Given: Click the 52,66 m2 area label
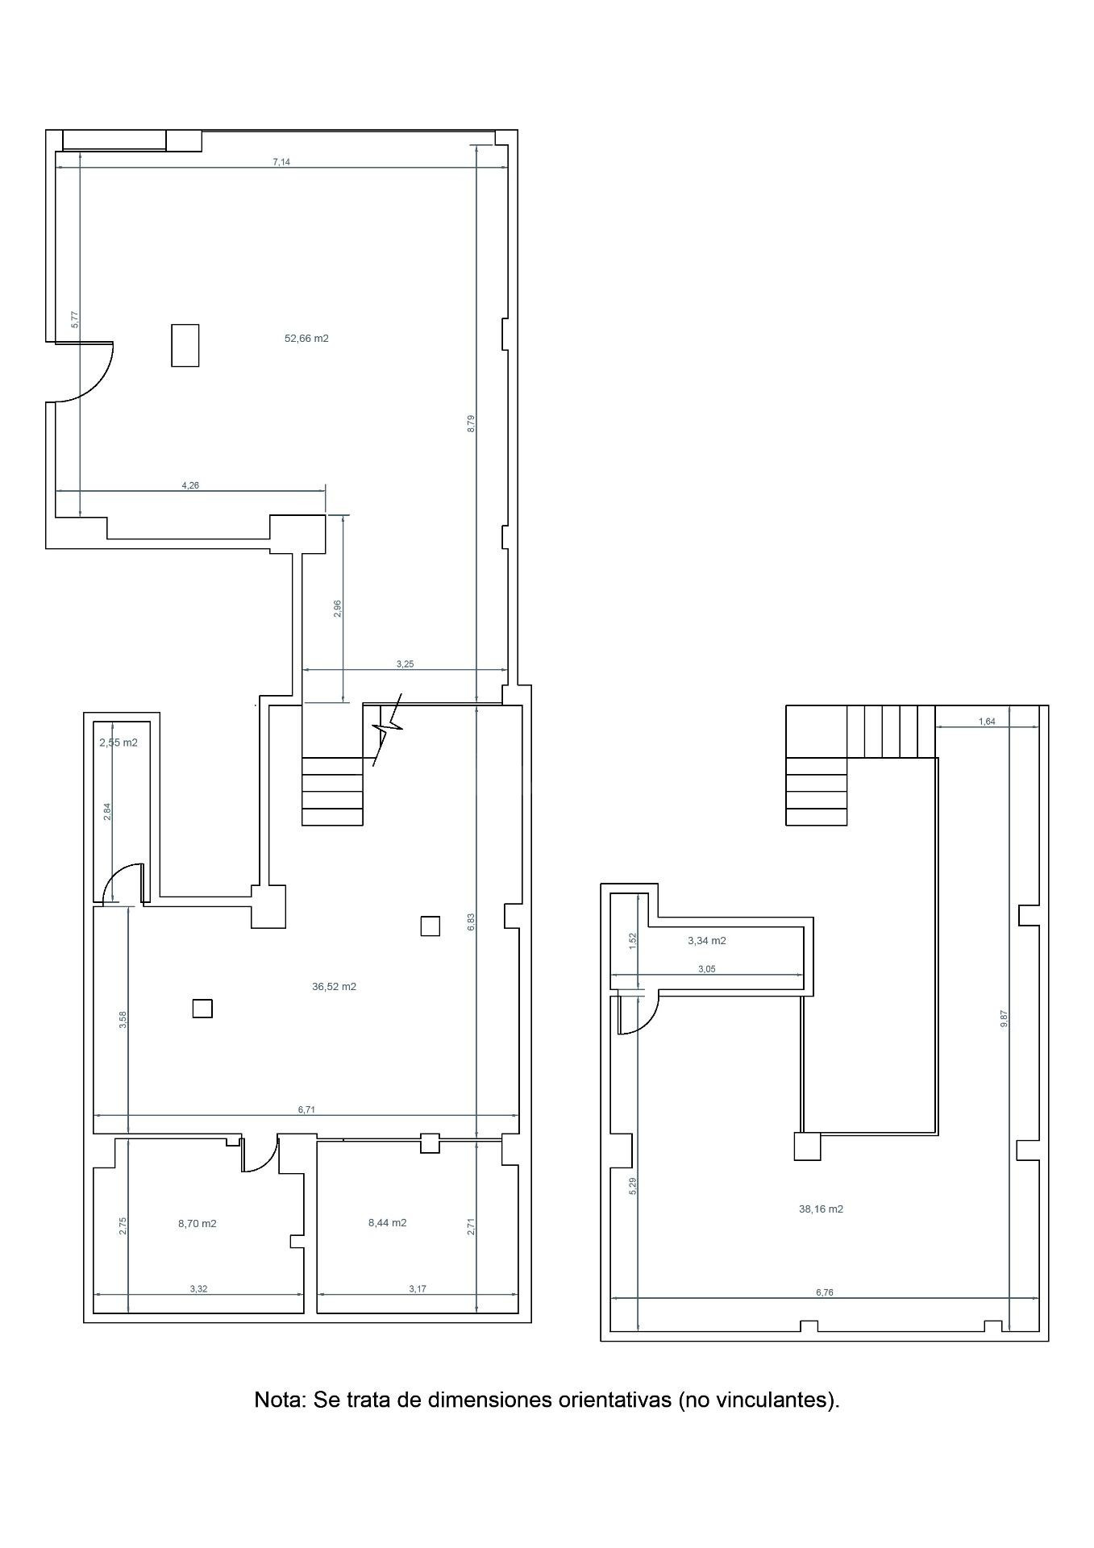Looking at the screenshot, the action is tap(306, 339).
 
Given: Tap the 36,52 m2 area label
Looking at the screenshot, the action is tap(334, 986).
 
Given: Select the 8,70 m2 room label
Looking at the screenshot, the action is tap(198, 1223).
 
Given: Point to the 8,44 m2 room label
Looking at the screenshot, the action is tap(387, 1222).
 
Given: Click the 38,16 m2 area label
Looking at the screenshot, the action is tap(821, 1209).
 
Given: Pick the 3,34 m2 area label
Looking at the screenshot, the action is tap(707, 940).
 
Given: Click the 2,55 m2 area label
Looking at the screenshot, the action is tap(119, 743).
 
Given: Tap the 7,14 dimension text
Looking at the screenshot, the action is tap(281, 162).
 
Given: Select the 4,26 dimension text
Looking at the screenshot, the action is tap(190, 485).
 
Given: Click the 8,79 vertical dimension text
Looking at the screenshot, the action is tap(471, 423).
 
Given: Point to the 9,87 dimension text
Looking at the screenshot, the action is tap(1004, 1018).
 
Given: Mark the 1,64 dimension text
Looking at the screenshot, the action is tap(987, 722).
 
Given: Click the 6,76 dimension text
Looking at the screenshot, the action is tap(824, 1292).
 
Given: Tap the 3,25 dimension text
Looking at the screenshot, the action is tap(405, 664).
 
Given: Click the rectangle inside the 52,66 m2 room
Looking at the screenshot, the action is tap(185, 345).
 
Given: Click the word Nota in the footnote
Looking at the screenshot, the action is tap(279, 1400).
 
